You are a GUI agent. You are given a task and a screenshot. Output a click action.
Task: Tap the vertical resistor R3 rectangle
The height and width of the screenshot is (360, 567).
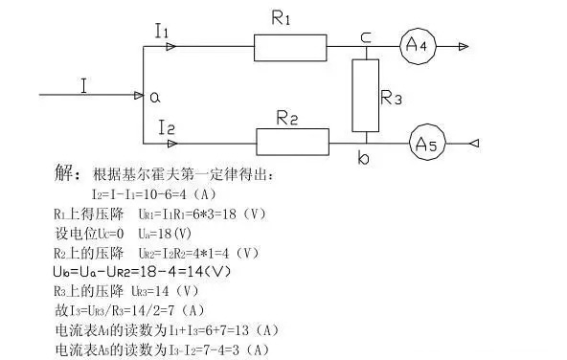365,96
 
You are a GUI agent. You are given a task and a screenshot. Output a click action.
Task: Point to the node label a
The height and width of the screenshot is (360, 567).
152,96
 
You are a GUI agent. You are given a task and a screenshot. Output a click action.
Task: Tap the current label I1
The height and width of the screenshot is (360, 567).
162,31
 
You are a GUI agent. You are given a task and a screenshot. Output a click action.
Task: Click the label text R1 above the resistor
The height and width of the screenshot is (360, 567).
281,19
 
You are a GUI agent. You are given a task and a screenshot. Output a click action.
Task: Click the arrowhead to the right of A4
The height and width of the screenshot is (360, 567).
464,46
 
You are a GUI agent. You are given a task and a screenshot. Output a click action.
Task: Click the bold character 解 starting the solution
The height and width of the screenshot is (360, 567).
66,175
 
